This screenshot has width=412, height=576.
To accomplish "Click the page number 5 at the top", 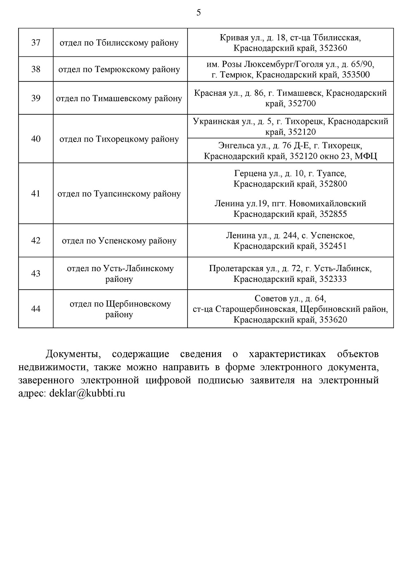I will tap(199, 13).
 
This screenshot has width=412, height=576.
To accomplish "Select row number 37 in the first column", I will tap(36, 42).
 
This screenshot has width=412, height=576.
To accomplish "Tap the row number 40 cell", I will tap(36, 139).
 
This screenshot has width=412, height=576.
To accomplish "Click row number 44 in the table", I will tap(36, 309).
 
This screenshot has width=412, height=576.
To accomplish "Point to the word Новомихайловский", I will tap(328, 204).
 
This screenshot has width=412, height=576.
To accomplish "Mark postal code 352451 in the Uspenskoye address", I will tap(333, 246).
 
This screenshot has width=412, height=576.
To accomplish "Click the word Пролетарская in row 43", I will tap(236, 269).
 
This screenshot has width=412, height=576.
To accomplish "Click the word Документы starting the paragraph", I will tap(73, 354).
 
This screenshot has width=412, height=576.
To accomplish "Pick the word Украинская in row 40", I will tap(216, 122).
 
